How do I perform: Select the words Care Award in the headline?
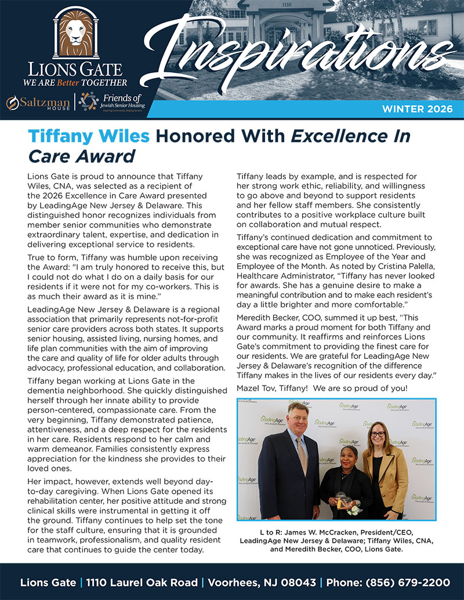pyautogui.click(x=81, y=155)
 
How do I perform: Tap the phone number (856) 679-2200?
pyautogui.click(x=408, y=581)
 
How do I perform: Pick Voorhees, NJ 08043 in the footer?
pyautogui.click(x=263, y=581)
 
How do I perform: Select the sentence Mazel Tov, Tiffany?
pyautogui.click(x=276, y=388)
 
